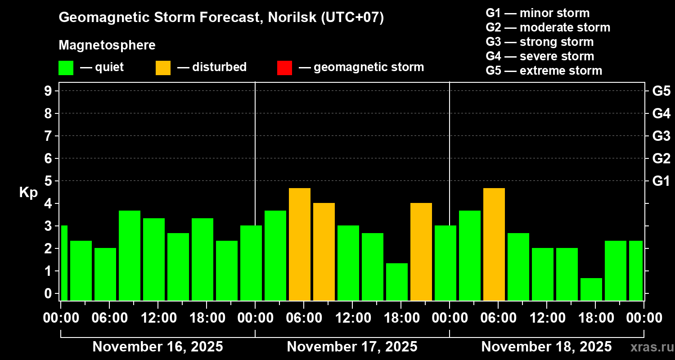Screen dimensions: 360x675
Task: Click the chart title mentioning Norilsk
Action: coord(221,18)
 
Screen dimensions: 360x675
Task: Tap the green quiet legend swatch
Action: coord(66,67)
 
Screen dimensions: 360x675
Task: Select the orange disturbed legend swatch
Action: coord(163,67)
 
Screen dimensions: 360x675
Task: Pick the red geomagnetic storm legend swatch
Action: coord(284,67)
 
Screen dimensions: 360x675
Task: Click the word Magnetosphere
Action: coord(107,45)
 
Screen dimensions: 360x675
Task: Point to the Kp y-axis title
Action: coord(28,192)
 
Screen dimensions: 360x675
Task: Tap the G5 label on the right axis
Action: coord(661,91)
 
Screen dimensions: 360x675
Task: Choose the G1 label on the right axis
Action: coord(661,181)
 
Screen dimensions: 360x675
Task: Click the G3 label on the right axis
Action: coord(661,136)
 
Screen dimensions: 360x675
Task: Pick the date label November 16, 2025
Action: coord(157,347)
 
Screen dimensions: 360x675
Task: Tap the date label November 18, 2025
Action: coord(546,347)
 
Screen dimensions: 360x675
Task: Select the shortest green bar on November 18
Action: coord(591,289)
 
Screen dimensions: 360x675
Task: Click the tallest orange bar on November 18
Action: coord(494,244)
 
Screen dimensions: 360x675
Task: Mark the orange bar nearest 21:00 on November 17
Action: coord(421,252)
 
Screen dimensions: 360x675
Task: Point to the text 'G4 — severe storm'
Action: coord(540,56)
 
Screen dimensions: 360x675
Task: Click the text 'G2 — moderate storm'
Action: coord(548,27)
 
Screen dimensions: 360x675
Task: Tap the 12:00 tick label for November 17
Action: coord(352,318)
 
